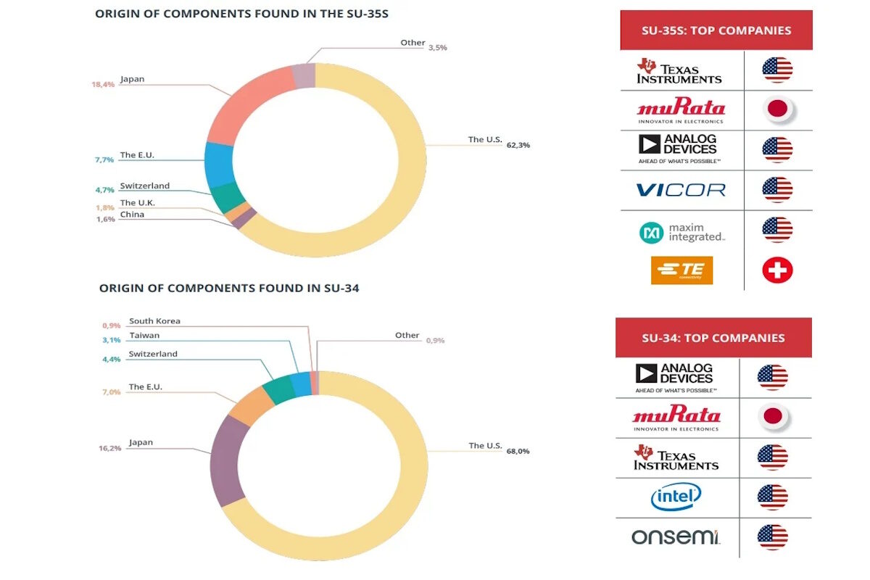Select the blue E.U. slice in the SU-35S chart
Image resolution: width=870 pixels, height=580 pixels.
tap(218, 165)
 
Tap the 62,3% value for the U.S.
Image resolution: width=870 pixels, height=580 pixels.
tap(518, 145)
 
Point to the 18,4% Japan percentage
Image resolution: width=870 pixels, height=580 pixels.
tap(103, 85)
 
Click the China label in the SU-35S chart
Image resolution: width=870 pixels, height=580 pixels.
tap(132, 215)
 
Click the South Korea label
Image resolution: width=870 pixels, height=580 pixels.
tap(154, 321)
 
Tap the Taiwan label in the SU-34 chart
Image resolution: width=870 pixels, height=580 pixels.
tap(144, 336)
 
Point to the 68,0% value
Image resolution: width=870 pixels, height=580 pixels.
tap(518, 451)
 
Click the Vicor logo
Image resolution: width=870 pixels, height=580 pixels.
tap(680, 190)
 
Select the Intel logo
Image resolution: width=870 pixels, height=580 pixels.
tap(676, 497)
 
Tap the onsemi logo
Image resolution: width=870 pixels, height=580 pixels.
tap(675, 537)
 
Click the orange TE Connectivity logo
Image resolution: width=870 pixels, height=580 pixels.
tap(681, 270)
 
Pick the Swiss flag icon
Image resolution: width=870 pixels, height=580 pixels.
tap(777, 270)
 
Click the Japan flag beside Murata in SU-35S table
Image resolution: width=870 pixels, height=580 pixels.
tap(777, 110)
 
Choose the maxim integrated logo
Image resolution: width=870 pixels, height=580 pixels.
tap(681, 232)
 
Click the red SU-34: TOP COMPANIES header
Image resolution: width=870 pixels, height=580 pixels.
tap(713, 338)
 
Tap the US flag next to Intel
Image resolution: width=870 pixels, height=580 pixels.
tap(772, 497)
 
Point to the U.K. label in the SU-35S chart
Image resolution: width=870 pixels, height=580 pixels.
tap(137, 203)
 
